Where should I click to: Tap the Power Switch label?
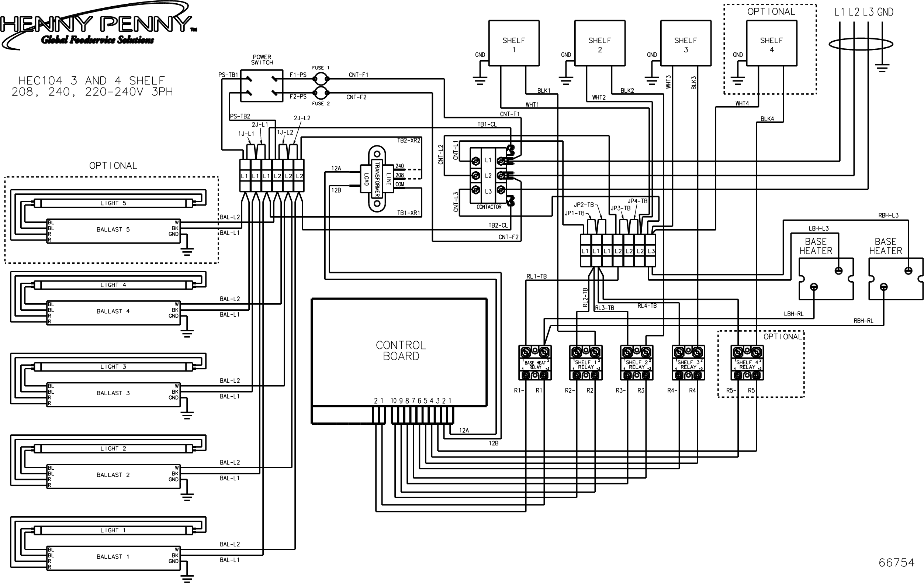click(262, 59)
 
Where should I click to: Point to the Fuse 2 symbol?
click(321, 93)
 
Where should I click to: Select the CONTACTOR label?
click(489, 207)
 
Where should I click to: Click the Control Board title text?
click(401, 351)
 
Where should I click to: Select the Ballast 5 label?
click(113, 230)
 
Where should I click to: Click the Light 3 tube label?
click(113, 366)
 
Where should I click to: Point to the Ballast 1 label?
click(113, 556)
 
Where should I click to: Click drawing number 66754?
click(897, 563)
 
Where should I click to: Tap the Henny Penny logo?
click(98, 25)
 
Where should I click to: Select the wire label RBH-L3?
click(888, 215)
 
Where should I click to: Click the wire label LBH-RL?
click(793, 314)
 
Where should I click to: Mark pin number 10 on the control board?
click(394, 401)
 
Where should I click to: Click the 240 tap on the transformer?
click(399, 166)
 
